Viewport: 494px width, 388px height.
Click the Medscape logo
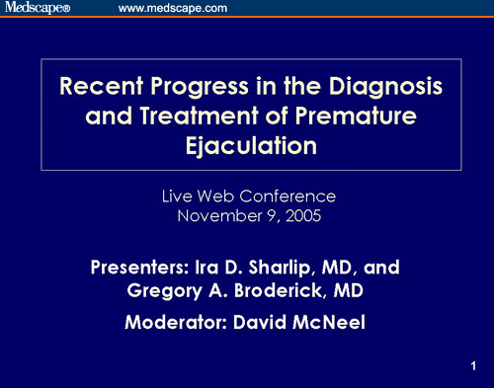pyautogui.click(x=38, y=7)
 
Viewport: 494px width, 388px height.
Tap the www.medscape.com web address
pyautogui.click(x=173, y=8)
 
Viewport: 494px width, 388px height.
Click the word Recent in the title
pyautogui.click(x=102, y=86)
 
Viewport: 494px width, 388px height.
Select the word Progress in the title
pyautogui.click(x=200, y=87)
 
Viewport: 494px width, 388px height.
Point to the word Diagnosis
pyautogui.click(x=385, y=87)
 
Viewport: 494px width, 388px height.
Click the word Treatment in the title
pyautogui.click(x=199, y=116)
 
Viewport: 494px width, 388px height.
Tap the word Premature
pyautogui.click(x=356, y=116)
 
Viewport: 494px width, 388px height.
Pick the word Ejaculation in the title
pyautogui.click(x=251, y=146)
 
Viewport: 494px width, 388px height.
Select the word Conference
pyautogui.click(x=288, y=196)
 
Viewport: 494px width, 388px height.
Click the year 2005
pyautogui.click(x=303, y=216)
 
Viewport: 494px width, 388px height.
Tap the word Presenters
pyautogui.click(x=139, y=268)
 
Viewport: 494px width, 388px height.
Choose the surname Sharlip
pyautogui.click(x=280, y=268)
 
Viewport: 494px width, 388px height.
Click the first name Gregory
pyautogui.click(x=164, y=291)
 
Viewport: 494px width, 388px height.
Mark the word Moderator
pyautogui.click(x=176, y=322)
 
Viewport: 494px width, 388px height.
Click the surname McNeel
pyautogui.click(x=329, y=322)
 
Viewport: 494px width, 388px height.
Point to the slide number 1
pyautogui.click(x=473, y=366)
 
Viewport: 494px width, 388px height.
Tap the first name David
pyautogui.click(x=260, y=322)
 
